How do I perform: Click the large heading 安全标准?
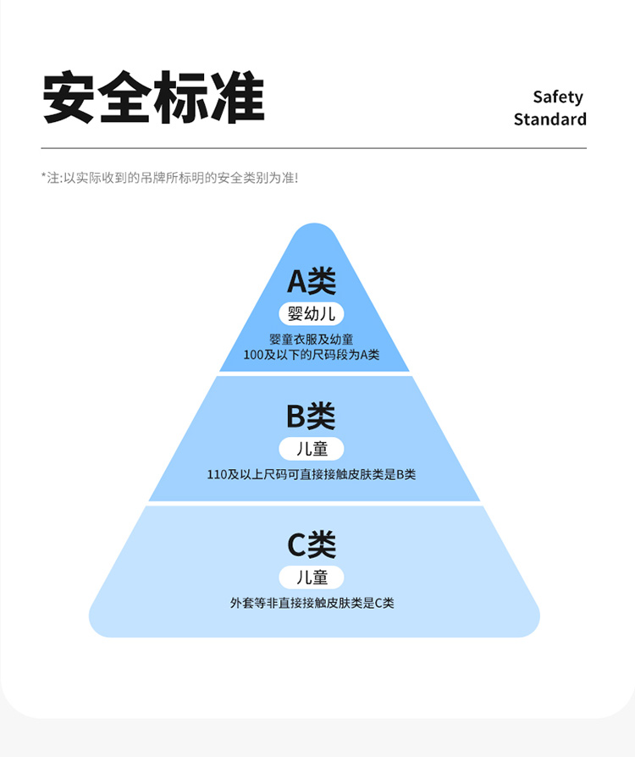click(x=153, y=99)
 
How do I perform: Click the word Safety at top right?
click(x=557, y=97)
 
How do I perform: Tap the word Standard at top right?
click(x=549, y=119)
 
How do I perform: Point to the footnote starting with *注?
click(x=169, y=178)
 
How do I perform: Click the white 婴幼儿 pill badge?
click(x=312, y=314)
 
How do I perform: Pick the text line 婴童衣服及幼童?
click(x=312, y=340)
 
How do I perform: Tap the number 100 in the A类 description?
click(x=253, y=355)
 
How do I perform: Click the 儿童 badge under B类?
click(x=312, y=449)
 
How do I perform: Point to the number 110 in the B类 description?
click(x=217, y=474)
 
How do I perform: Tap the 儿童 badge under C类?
click(x=312, y=577)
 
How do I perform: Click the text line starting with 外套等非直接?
click(x=312, y=604)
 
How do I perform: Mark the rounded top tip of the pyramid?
click(x=314, y=230)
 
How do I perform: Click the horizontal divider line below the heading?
click(x=313, y=149)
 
